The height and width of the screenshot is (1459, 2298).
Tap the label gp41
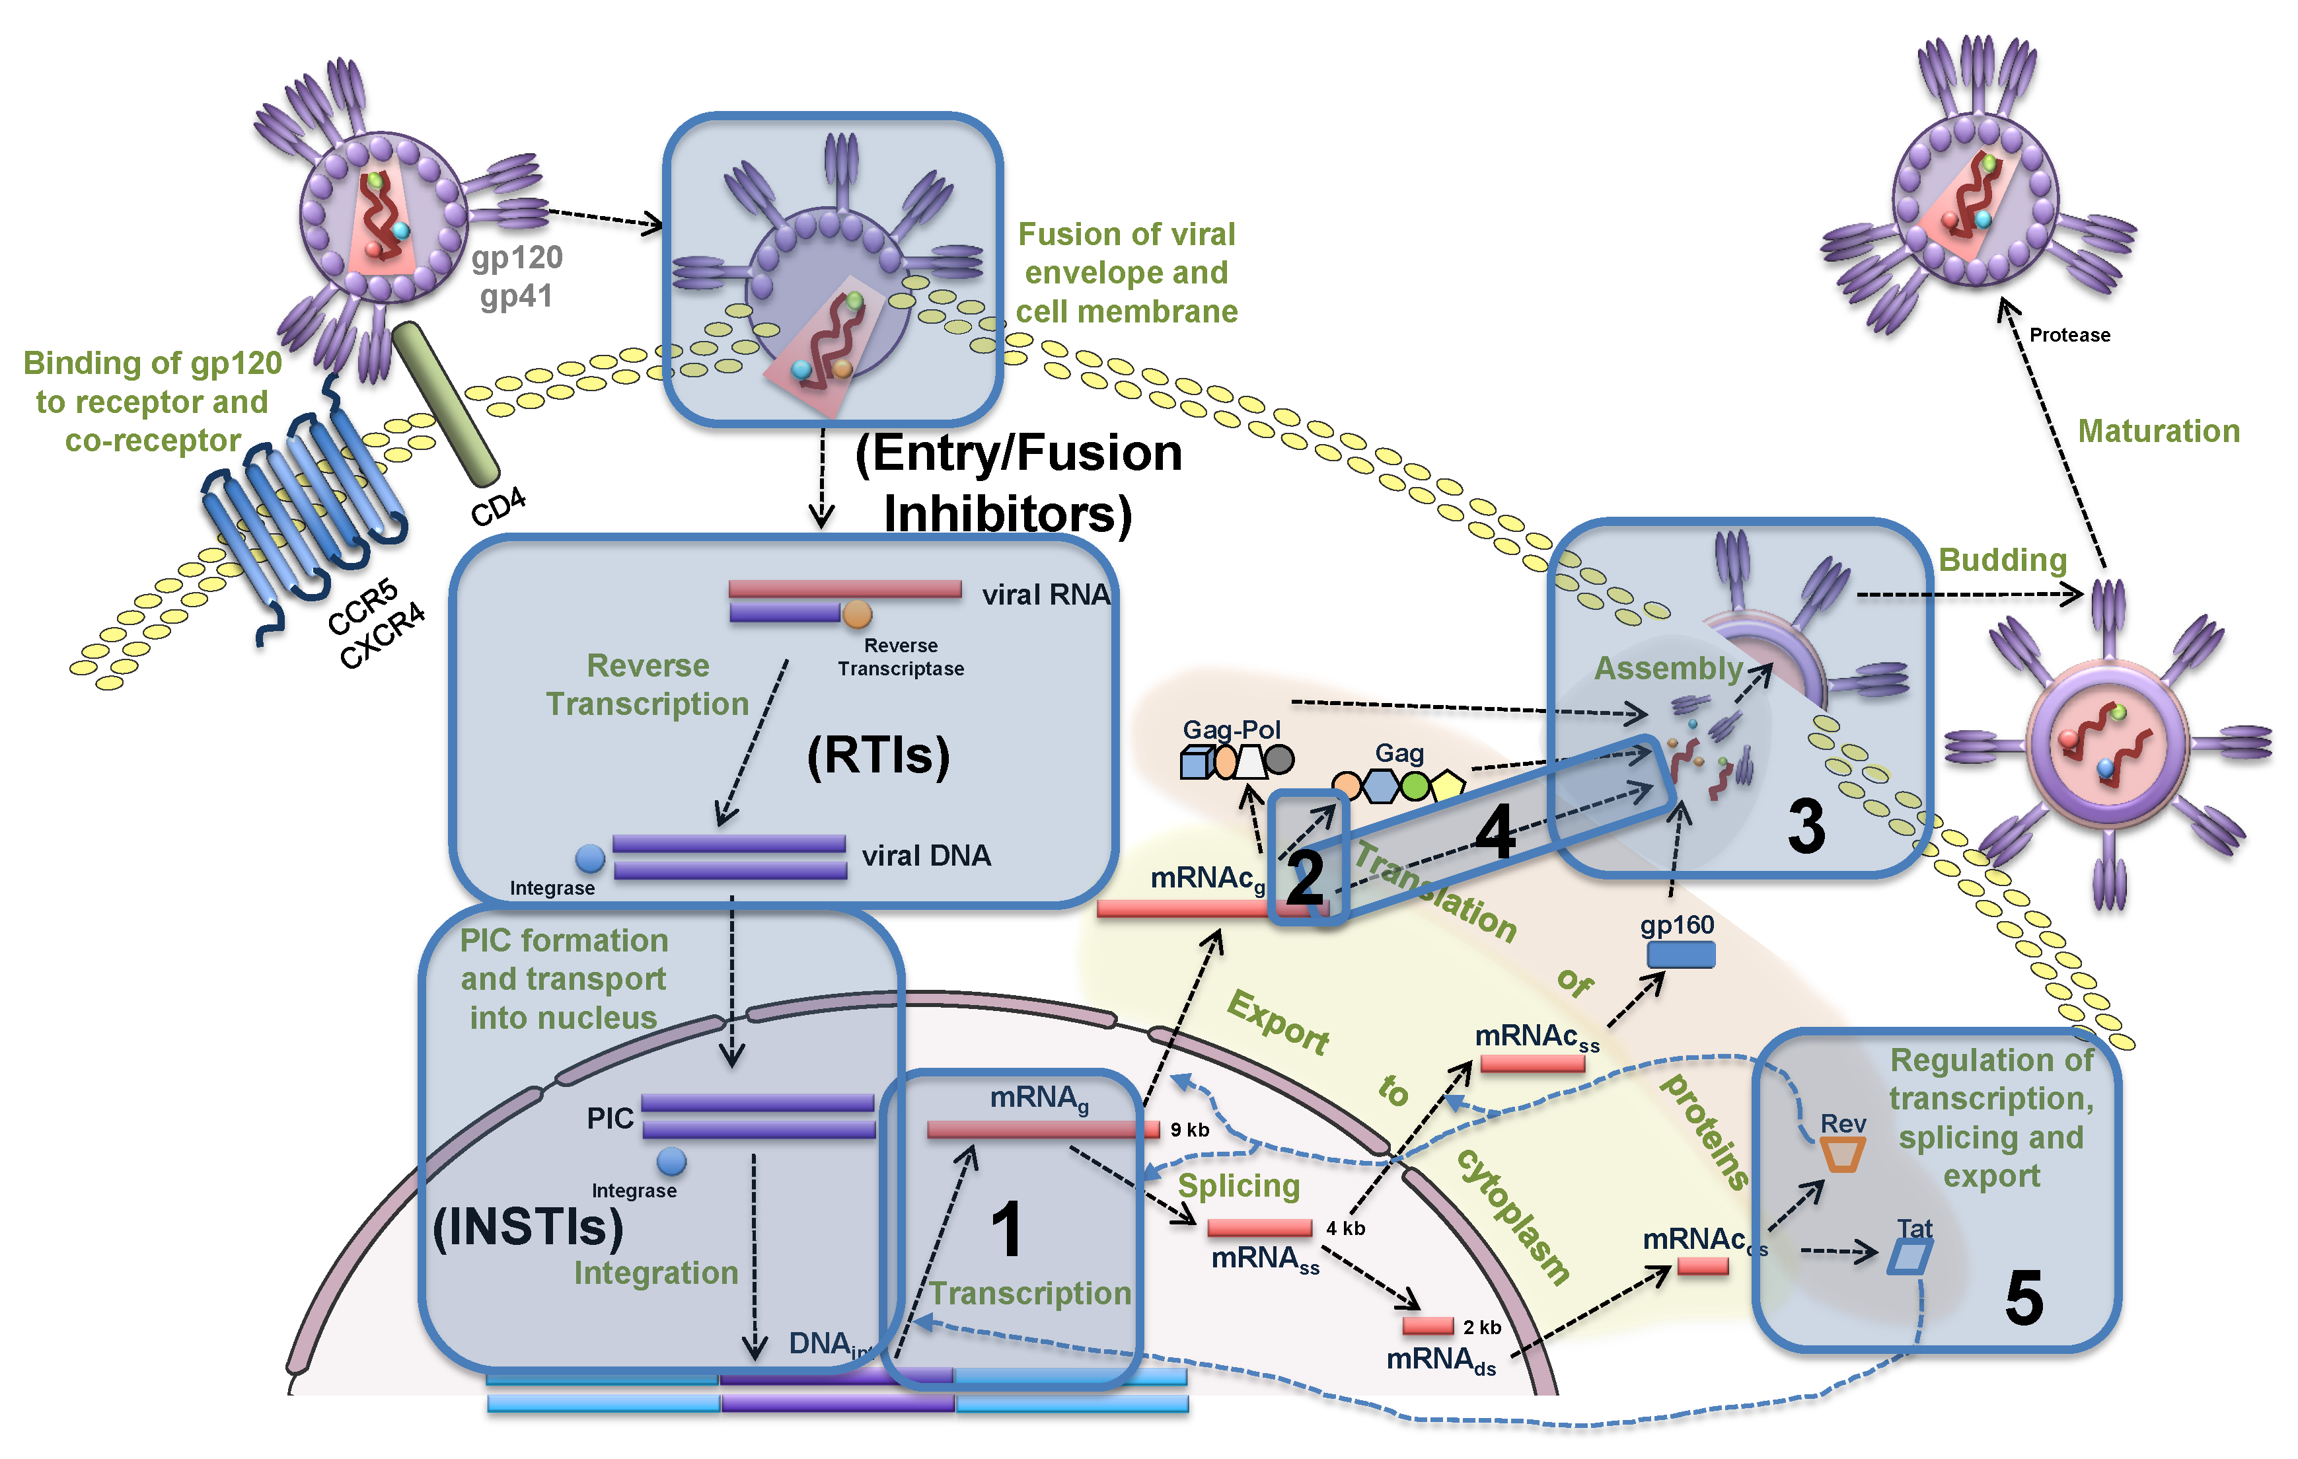pyautogui.click(x=515, y=297)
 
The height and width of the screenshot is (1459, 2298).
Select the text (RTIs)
pyautogui.click(x=878, y=756)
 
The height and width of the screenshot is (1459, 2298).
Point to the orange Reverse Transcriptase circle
pyautogui.click(x=857, y=615)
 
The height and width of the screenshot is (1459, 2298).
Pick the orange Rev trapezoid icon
pyautogui.click(x=1842, y=1154)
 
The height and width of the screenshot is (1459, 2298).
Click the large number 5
pyautogui.click(x=2023, y=1298)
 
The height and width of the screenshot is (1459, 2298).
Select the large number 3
pyautogui.click(x=1806, y=827)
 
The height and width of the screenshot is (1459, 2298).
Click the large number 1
pyautogui.click(x=1007, y=1230)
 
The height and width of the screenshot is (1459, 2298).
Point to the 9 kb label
pyautogui.click(x=1189, y=1131)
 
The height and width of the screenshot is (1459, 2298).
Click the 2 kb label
pyautogui.click(x=1481, y=1328)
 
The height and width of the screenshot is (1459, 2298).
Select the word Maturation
pyautogui.click(x=2159, y=431)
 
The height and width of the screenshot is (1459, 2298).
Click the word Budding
pyautogui.click(x=2002, y=560)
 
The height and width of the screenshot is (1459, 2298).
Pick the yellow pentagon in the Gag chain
pyautogui.click(x=1447, y=785)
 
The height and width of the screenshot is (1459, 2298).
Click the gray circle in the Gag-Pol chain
pyautogui.click(x=1279, y=761)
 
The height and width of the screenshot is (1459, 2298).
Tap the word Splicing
pyautogui.click(x=1239, y=1186)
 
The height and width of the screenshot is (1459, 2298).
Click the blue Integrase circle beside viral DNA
pyautogui.click(x=590, y=859)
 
